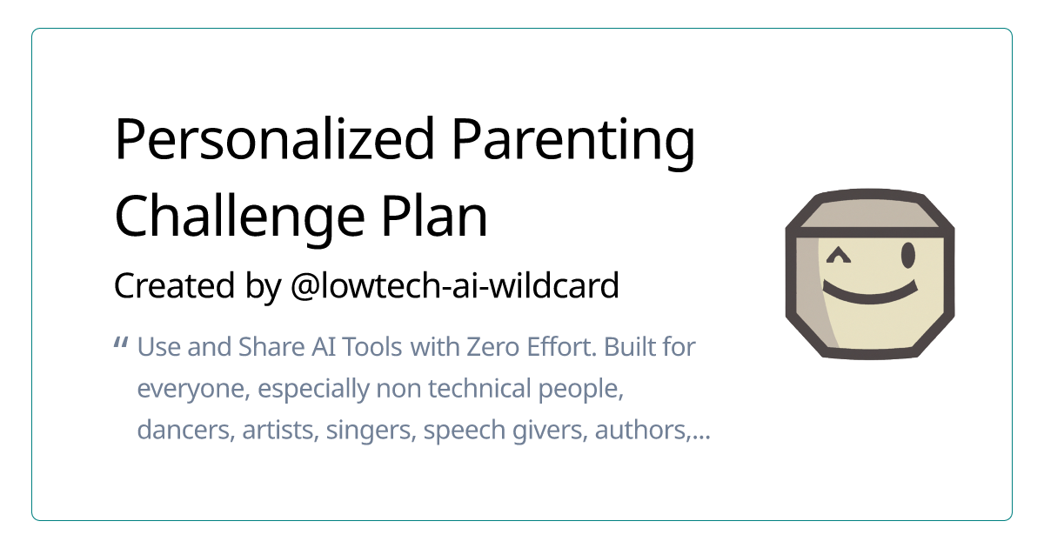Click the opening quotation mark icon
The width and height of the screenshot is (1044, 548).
122,344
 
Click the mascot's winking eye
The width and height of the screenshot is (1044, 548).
838,256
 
